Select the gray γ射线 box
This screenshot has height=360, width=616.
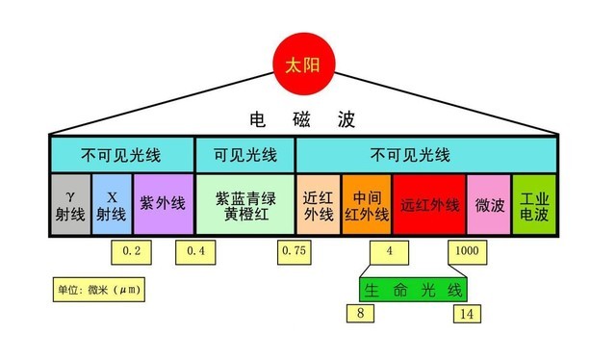click(x=70, y=204)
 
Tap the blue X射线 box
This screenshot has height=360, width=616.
click(x=112, y=204)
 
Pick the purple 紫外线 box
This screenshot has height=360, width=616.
click(x=161, y=204)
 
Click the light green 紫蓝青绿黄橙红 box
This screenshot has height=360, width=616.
click(x=244, y=204)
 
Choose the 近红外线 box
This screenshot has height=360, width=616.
click(x=318, y=204)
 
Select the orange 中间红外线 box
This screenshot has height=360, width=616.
click(x=367, y=204)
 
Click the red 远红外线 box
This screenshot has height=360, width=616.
click(x=428, y=204)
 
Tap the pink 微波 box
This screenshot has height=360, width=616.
click(x=488, y=204)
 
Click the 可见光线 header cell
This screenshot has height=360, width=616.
click(x=244, y=154)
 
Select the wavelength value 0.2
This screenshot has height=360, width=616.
click(x=132, y=252)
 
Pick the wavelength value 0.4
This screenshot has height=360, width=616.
click(x=195, y=252)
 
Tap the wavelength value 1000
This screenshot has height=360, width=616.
click(x=466, y=252)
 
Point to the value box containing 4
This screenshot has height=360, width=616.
click(x=389, y=252)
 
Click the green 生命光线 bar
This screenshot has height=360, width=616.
click(x=413, y=288)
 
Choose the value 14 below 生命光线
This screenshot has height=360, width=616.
click(x=467, y=314)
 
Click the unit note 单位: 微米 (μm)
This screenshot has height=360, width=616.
click(x=99, y=288)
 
